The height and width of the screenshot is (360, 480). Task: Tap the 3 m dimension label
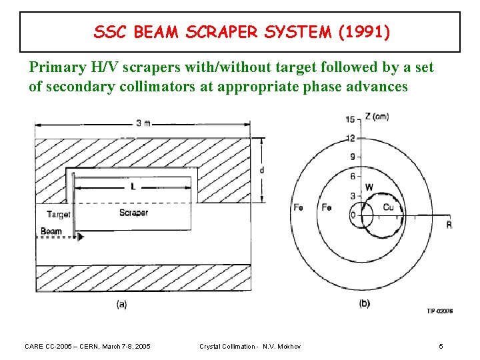(x=142, y=123)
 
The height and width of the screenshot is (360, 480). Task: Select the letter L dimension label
(x=133, y=187)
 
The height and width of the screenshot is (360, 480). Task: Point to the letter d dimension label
(x=261, y=170)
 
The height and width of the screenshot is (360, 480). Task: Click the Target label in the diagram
(x=59, y=215)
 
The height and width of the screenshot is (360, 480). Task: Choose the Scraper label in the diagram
(x=133, y=213)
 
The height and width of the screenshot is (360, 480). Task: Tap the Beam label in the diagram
(x=51, y=232)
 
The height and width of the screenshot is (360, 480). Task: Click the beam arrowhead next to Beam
(x=81, y=236)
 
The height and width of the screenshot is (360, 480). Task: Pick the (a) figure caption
(x=122, y=304)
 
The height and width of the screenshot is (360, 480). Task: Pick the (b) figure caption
(x=364, y=304)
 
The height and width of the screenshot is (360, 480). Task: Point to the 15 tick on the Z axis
(x=349, y=119)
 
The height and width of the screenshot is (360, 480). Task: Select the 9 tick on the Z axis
(x=352, y=157)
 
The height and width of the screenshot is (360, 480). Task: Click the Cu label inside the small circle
(x=388, y=208)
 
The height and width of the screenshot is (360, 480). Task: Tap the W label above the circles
(x=369, y=187)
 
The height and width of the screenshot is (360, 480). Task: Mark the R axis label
(x=449, y=225)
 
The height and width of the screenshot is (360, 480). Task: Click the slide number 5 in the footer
(x=441, y=347)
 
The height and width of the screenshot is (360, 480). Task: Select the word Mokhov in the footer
(x=289, y=347)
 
